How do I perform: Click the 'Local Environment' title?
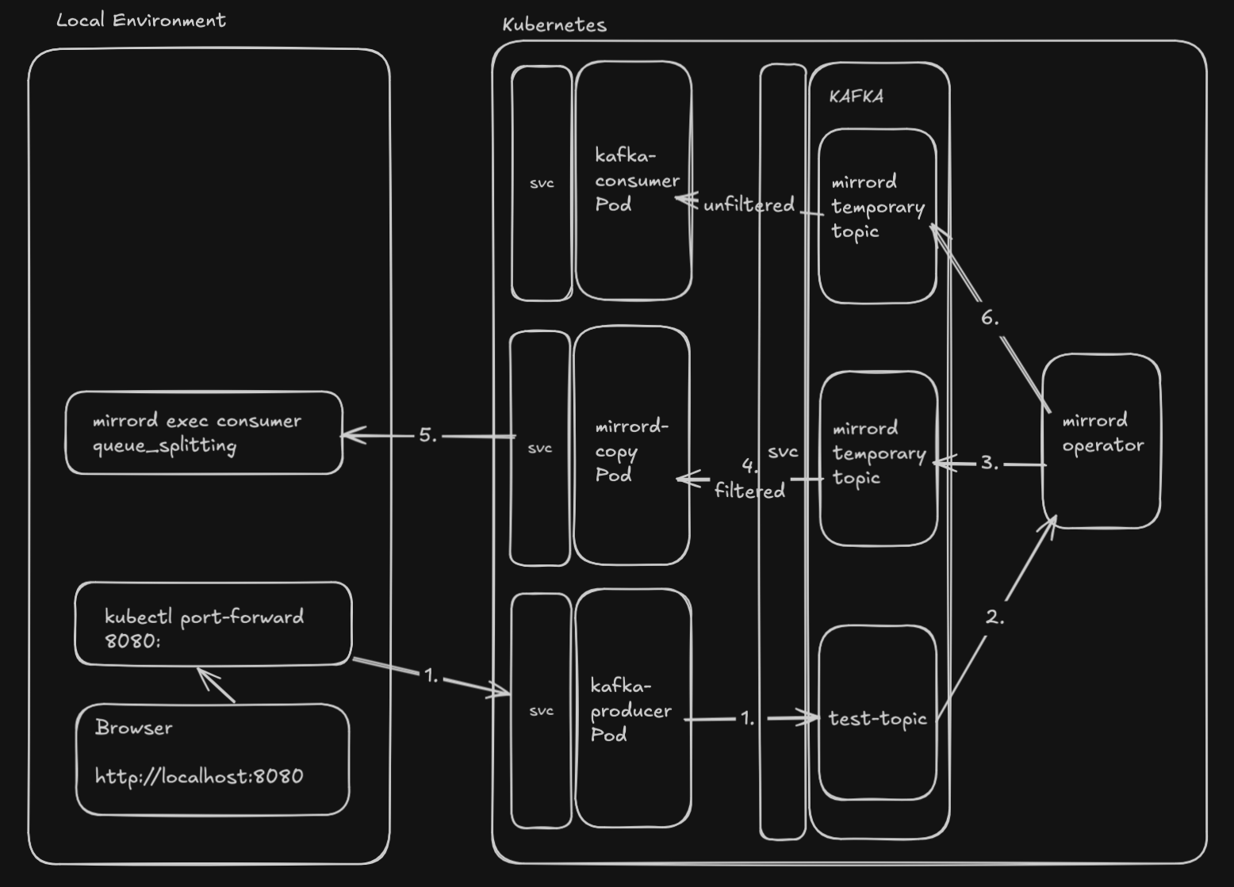141,21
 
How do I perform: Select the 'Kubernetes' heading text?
554,25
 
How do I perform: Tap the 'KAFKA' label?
856,97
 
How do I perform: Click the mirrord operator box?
1102,440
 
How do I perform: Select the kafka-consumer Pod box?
634,181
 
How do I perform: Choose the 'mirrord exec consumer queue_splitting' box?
204,433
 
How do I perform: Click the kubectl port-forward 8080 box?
213,625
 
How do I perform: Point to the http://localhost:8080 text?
199,776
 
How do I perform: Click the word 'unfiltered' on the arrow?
749,205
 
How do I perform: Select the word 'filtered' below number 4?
749,491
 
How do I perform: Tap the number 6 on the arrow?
989,319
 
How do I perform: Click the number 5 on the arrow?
427,435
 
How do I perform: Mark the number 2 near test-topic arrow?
994,617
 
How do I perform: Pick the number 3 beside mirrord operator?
989,463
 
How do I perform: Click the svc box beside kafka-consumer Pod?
542,183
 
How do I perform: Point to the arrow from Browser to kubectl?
216,686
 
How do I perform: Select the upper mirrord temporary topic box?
877,216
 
